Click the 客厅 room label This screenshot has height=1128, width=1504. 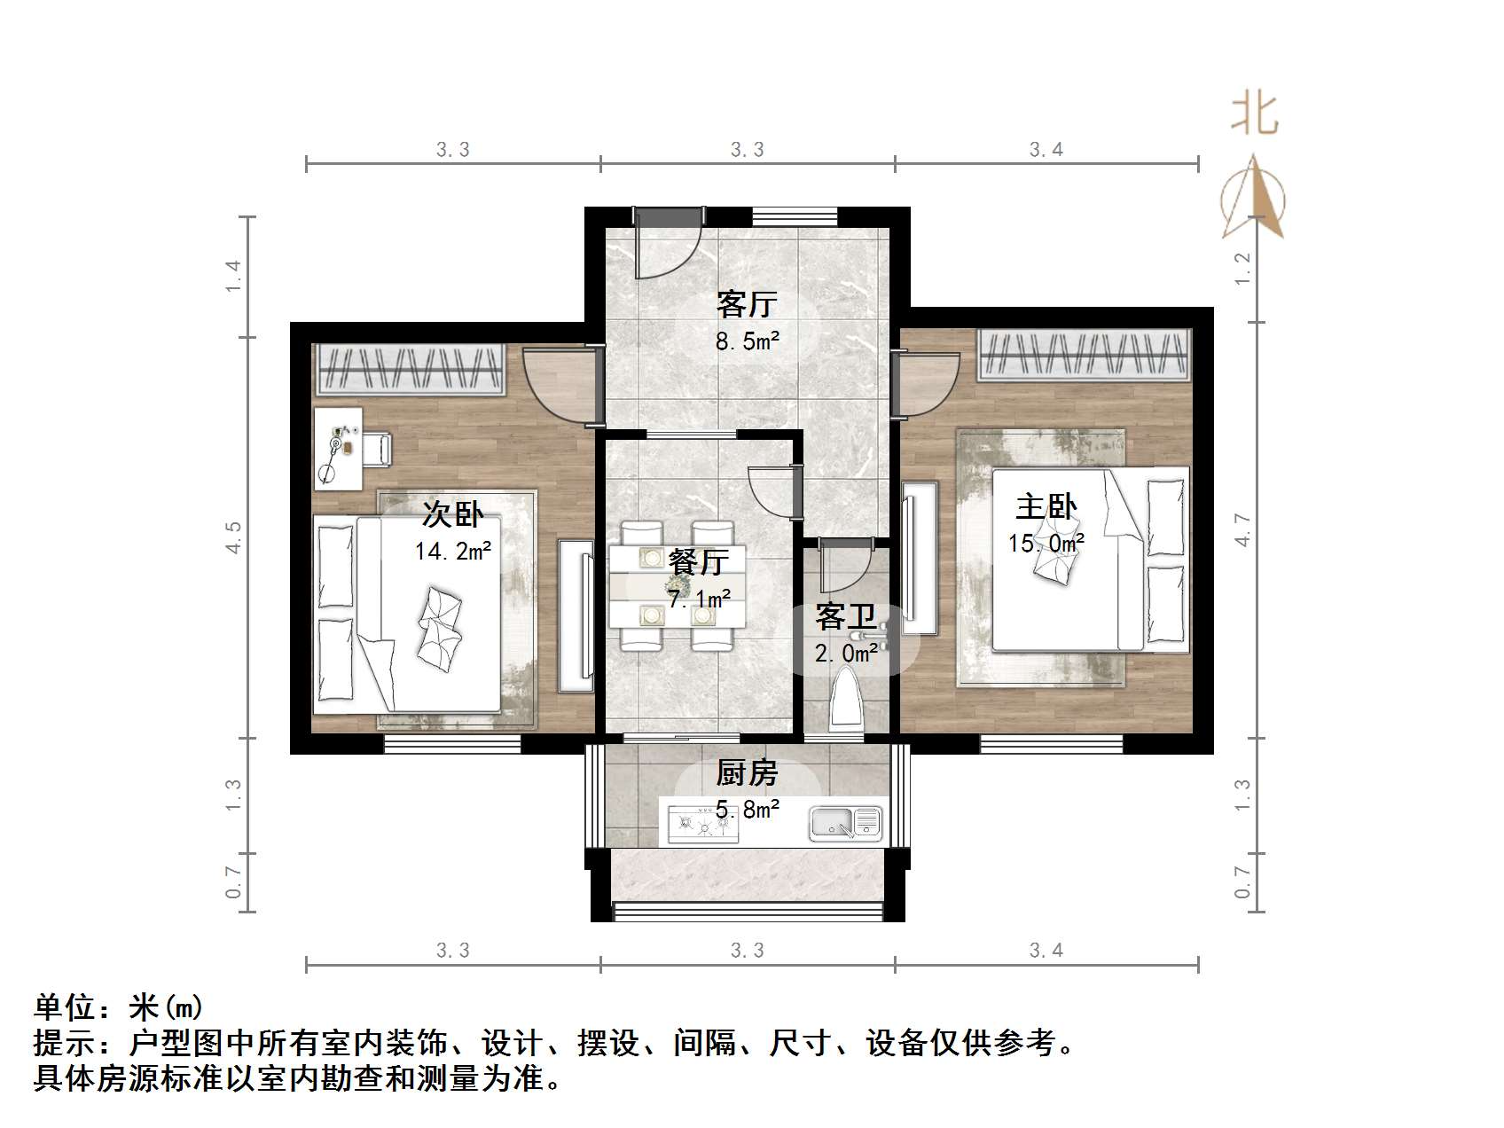(x=747, y=304)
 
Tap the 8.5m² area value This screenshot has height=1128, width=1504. (x=747, y=341)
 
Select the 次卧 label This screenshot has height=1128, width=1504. (x=452, y=513)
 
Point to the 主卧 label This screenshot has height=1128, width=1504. (x=1046, y=507)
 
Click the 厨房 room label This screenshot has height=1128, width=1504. (x=747, y=773)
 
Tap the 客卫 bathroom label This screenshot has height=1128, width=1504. (x=846, y=616)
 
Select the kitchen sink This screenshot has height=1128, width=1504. (x=845, y=824)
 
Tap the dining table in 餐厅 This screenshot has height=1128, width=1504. (x=677, y=586)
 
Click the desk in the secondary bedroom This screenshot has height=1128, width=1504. (x=338, y=448)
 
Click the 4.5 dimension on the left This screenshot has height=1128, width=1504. (x=233, y=537)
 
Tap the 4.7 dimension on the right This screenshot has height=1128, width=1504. (x=1242, y=530)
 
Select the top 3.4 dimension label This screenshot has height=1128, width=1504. (x=1046, y=150)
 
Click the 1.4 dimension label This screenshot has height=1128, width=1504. (x=233, y=276)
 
